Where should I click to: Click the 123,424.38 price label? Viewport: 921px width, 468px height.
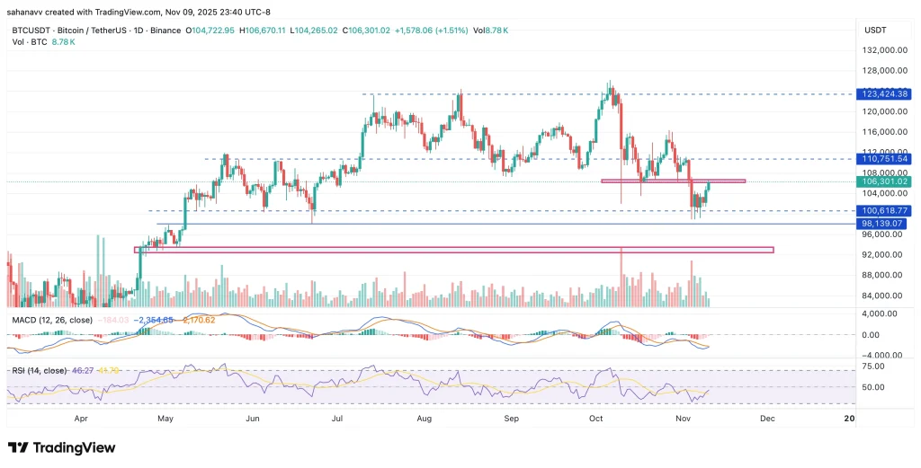click(x=885, y=93)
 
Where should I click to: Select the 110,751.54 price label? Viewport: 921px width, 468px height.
click(x=885, y=158)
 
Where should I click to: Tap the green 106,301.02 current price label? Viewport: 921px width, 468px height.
click(x=885, y=181)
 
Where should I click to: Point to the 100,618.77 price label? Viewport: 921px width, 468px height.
click(x=885, y=210)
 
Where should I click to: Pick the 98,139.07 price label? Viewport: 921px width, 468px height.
click(x=885, y=224)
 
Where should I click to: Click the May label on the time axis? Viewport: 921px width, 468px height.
click(x=165, y=418)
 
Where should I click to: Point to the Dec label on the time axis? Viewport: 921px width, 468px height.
click(x=766, y=418)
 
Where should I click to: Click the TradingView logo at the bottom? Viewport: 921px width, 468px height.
click(x=62, y=447)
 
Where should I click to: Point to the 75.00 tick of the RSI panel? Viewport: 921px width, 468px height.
click(x=872, y=366)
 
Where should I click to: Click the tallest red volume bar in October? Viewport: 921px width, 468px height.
click(x=621, y=278)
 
